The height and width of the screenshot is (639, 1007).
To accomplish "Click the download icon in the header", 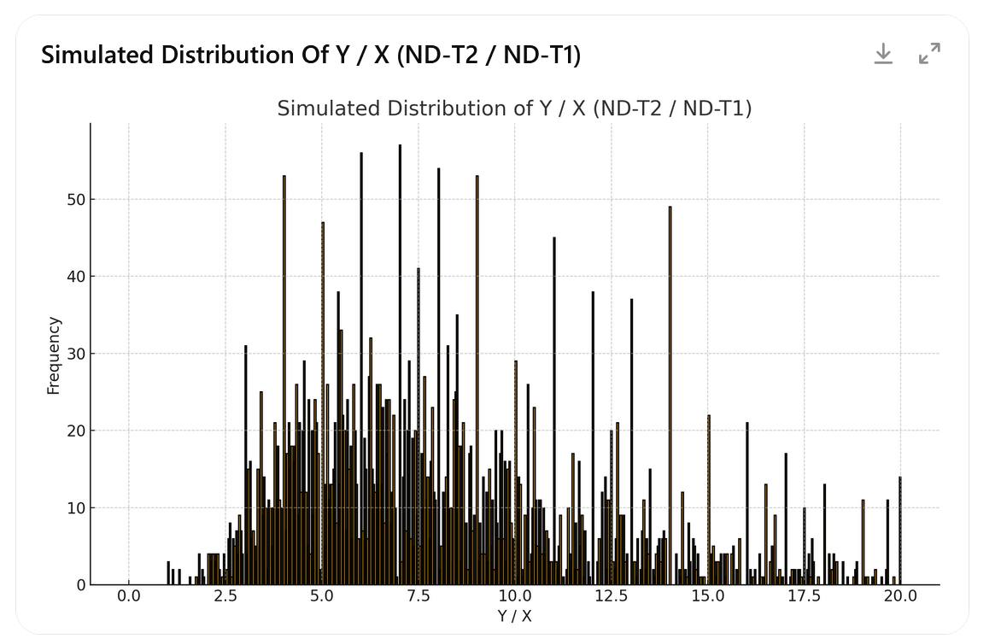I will [x=883, y=54].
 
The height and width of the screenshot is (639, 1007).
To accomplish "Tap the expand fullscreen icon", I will [x=929, y=53].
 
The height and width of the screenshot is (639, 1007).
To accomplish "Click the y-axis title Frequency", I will [x=54, y=355].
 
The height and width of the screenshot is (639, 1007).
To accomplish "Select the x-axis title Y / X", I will [x=514, y=616].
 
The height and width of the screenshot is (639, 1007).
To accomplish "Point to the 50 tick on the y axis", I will [x=76, y=200].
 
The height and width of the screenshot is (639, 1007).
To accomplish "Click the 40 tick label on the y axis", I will [x=76, y=277].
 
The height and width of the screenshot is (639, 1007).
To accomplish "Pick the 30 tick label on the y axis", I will [x=76, y=354].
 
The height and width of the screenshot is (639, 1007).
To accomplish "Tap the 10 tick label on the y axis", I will [x=76, y=508].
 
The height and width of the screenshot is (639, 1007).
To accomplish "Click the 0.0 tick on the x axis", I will [x=129, y=596].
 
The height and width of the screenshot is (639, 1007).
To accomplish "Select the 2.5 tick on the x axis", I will [x=225, y=596].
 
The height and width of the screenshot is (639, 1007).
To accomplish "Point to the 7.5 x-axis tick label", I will [x=419, y=596].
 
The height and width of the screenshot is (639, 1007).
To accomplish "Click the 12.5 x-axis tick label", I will [x=611, y=596].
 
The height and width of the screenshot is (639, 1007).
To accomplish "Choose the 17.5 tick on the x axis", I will [x=804, y=596].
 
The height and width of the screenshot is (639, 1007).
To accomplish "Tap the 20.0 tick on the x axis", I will [x=900, y=596].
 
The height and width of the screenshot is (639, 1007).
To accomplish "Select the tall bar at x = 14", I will [x=670, y=384].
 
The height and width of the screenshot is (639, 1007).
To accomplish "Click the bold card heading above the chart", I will [x=311, y=55].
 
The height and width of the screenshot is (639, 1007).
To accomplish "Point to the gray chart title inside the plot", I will [x=514, y=108].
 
